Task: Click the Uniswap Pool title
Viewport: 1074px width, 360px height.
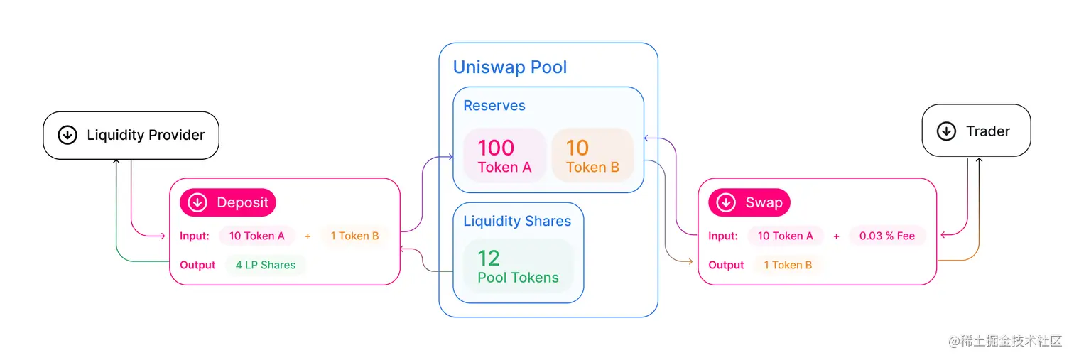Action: [x=510, y=67]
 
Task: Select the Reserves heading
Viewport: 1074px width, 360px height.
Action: [x=494, y=106]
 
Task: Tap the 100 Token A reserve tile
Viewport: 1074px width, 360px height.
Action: [x=504, y=156]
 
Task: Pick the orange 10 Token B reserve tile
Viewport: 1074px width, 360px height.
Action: [x=592, y=156]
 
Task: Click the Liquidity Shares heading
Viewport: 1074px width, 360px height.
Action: [x=517, y=221]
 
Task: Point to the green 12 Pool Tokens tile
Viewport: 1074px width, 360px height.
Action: [x=518, y=266]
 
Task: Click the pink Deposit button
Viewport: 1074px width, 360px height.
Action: [x=228, y=202]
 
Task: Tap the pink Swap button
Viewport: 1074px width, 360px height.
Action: [x=749, y=202]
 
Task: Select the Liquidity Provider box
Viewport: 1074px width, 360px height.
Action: [x=131, y=135]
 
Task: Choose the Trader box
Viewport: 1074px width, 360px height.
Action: [x=976, y=131]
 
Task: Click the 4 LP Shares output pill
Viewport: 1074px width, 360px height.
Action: [x=266, y=265]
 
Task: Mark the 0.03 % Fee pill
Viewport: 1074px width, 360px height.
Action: [x=887, y=236]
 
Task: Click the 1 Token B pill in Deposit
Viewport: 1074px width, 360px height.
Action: [x=354, y=236]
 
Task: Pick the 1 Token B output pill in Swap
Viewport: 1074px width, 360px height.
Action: [x=788, y=265]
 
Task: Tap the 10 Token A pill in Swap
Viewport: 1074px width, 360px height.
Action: [x=785, y=236]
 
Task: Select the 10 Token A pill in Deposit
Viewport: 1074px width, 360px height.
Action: [x=256, y=236]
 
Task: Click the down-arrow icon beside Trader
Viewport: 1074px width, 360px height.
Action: [x=946, y=131]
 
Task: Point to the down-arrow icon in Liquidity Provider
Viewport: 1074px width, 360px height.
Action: [x=67, y=135]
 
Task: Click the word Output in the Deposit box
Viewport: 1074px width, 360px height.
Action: [x=197, y=265]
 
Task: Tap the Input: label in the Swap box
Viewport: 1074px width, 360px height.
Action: [x=723, y=236]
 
